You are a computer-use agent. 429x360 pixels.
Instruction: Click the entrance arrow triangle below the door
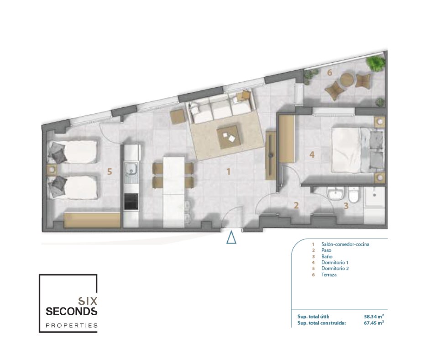231,238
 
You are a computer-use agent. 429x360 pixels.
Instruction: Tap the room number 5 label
110,172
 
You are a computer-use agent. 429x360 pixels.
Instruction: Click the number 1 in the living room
229,172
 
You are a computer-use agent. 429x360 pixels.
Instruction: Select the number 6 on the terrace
330,73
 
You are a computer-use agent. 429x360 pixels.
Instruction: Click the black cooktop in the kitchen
131,201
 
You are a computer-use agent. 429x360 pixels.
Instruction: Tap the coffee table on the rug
229,137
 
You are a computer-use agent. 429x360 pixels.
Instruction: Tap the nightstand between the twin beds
52,170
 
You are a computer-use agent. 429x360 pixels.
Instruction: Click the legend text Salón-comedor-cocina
345,244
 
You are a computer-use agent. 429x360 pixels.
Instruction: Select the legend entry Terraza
329,275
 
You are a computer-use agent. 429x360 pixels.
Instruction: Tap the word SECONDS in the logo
71,312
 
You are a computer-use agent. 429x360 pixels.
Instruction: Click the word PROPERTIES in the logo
71,325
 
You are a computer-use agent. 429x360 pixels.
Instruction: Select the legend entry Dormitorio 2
335,269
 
